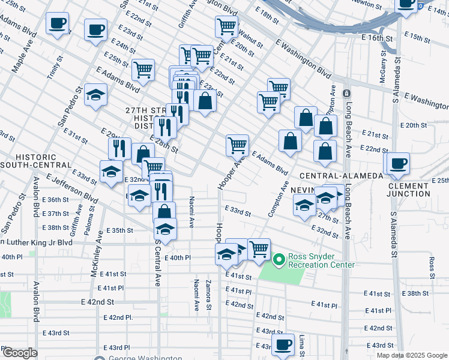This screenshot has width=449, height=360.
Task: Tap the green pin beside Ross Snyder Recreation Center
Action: (279, 260)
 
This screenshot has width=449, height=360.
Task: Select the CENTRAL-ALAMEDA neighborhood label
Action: (341, 175)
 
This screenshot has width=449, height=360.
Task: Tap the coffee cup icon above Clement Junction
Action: (396, 163)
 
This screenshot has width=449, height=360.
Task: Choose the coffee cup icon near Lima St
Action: (283, 344)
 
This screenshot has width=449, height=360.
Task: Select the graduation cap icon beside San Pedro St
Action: (95, 95)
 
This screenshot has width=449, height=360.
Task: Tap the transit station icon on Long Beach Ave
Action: (346, 94)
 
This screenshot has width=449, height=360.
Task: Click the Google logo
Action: (19, 353)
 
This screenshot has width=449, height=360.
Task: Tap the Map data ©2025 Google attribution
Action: (412, 355)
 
